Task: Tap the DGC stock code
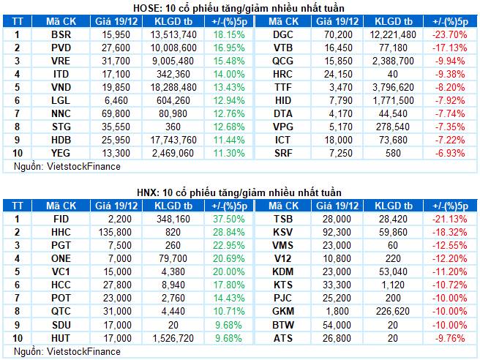coord(282,34)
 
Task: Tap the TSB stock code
coord(282,219)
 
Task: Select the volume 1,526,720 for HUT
coord(174,337)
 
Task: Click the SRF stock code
coord(282,153)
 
